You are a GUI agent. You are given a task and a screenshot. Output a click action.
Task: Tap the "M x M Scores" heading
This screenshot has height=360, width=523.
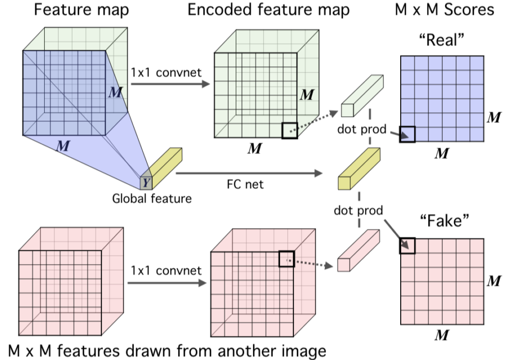[444, 9]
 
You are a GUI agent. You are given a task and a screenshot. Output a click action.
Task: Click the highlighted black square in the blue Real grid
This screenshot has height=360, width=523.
[407, 135]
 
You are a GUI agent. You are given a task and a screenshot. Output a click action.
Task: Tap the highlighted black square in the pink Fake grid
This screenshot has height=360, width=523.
[407, 245]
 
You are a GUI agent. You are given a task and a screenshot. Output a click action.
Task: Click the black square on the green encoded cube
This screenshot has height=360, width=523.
[289, 131]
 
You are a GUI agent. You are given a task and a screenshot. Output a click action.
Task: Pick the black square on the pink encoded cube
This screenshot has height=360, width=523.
[286, 259]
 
